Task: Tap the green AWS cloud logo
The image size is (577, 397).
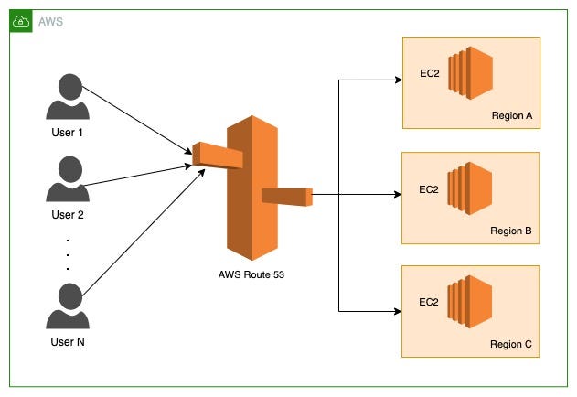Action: click(x=21, y=20)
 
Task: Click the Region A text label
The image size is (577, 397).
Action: click(x=510, y=117)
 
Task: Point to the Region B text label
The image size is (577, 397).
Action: click(x=510, y=231)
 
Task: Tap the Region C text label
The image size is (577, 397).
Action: click(x=510, y=345)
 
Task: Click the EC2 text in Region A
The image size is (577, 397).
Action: click(x=429, y=72)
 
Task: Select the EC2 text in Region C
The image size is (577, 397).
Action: click(x=429, y=301)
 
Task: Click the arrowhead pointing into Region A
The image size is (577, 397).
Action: click(x=398, y=80)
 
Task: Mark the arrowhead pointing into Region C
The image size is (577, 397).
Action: click(x=398, y=309)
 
